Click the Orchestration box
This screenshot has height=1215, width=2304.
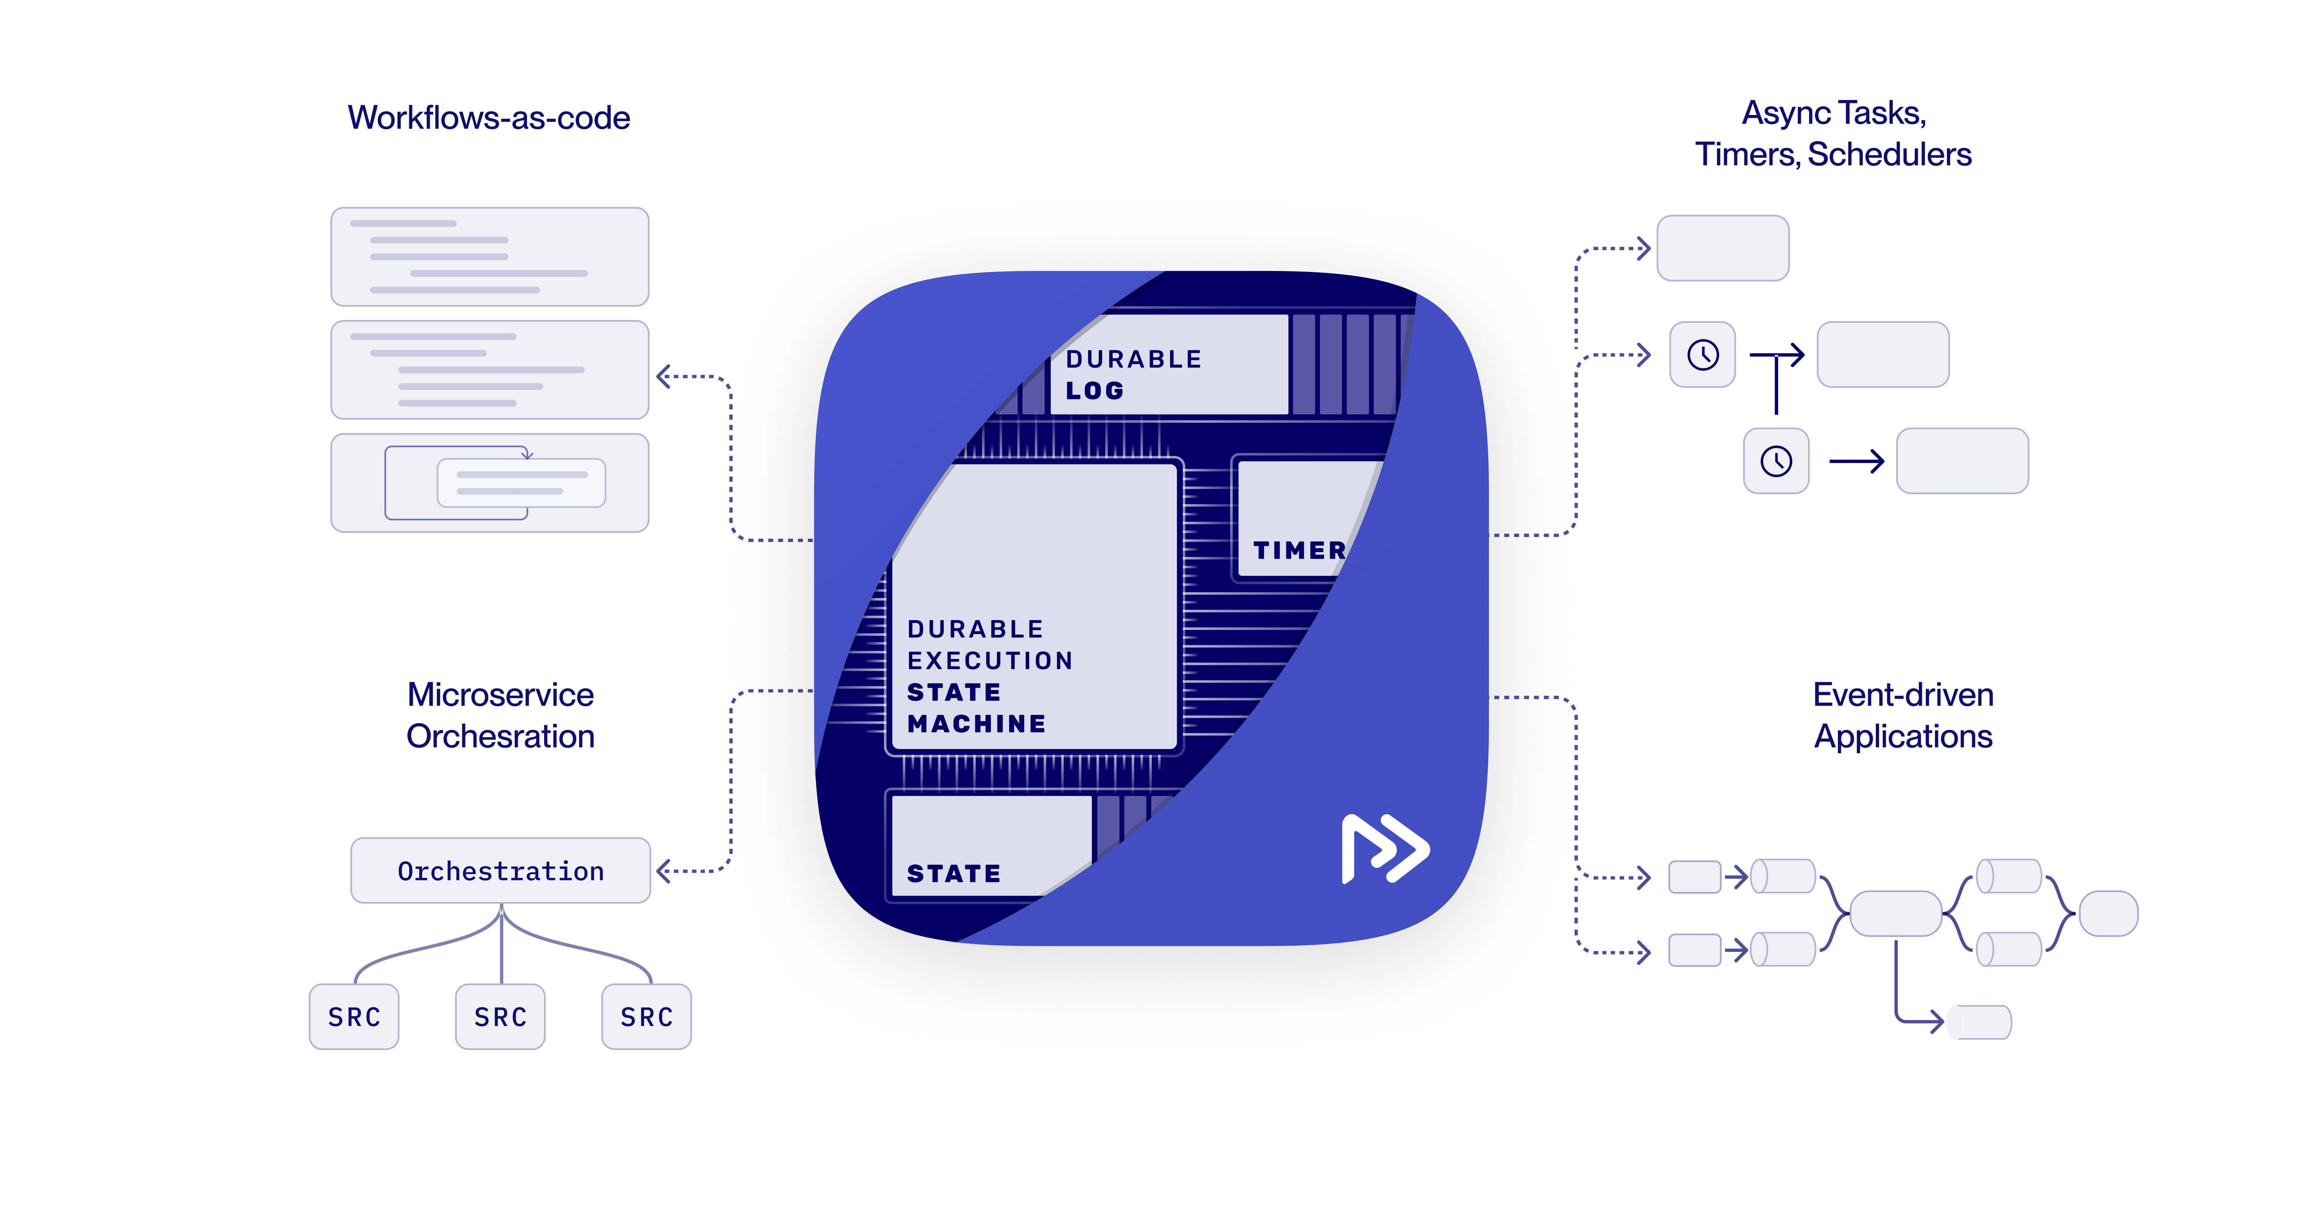[500, 871]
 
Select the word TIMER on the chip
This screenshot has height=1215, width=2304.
[1299, 550]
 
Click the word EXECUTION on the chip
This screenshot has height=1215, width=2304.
[989, 660]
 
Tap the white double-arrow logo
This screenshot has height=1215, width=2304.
[1384, 848]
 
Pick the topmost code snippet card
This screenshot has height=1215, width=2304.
[489, 257]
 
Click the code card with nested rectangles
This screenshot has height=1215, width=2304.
[489, 483]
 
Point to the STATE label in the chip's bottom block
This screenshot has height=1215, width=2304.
[954, 873]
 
